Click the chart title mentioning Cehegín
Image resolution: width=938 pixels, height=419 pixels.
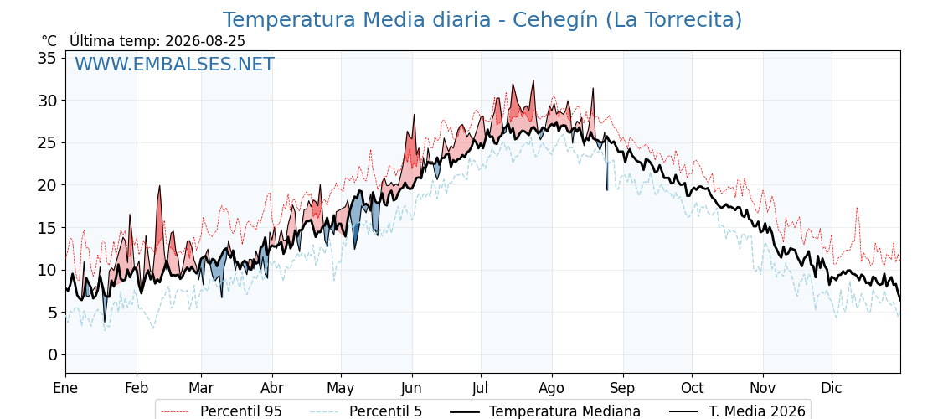[x=482, y=20]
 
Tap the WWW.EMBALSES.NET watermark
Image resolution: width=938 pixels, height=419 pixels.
[x=175, y=64]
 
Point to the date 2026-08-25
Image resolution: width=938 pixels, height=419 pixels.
[x=205, y=41]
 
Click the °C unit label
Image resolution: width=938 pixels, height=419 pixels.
[x=49, y=41]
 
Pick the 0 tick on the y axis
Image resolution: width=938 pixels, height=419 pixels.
[x=54, y=355]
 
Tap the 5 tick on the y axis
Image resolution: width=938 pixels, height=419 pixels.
[x=54, y=313]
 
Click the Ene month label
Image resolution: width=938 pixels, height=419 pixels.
[x=66, y=388]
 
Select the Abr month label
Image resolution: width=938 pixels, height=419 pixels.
[x=272, y=388]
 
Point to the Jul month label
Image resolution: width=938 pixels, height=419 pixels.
[x=482, y=388]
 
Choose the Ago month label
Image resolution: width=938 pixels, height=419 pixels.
[x=552, y=389]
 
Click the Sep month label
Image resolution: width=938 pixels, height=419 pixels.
[x=623, y=389]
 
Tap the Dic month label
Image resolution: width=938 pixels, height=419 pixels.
[x=832, y=388]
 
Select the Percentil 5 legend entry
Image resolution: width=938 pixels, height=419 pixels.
[x=366, y=411]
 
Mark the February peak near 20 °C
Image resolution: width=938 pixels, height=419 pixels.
[x=160, y=186]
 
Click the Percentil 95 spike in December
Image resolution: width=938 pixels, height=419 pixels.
[x=857, y=209]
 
